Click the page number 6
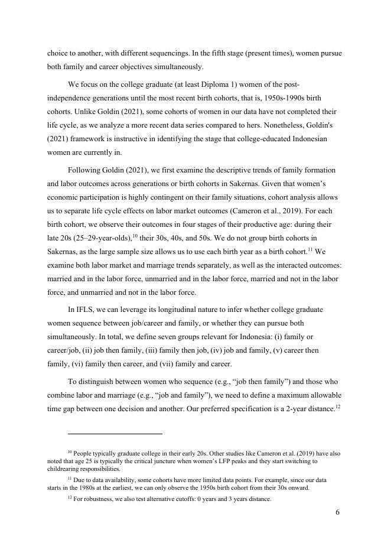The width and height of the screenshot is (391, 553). click(x=337, y=512)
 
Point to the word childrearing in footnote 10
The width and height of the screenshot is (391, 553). click(x=67, y=469)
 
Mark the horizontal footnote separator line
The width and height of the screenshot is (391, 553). click(x=105, y=434)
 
